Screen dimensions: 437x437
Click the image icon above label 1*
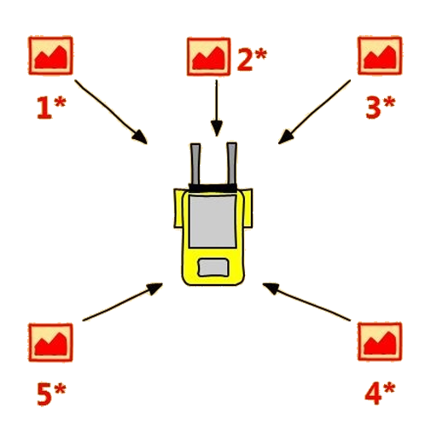tap(50, 55)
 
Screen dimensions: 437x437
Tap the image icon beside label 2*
tap(208, 56)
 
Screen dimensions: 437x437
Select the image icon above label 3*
tap(380, 55)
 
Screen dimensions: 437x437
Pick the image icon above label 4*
tap(380, 341)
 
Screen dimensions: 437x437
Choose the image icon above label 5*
tap(50, 342)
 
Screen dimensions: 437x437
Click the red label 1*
tap(51, 108)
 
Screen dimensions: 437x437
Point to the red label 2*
tap(252, 59)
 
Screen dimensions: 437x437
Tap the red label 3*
tap(381, 107)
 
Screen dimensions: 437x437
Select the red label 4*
tap(380, 393)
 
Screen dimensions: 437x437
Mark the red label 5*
tap(51, 394)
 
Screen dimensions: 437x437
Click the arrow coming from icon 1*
tap(111, 112)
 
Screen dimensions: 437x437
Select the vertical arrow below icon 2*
tap(217, 108)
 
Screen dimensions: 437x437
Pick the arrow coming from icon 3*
tap(314, 112)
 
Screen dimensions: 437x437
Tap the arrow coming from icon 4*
tap(306, 302)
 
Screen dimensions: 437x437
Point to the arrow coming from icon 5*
tap(122, 302)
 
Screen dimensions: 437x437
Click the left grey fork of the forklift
tap(195, 164)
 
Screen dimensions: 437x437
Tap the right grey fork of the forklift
tap(231, 164)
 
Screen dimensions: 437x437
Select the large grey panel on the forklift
tap(213, 221)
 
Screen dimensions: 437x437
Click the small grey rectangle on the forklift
tap(213, 267)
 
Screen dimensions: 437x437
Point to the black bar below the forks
tap(213, 188)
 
